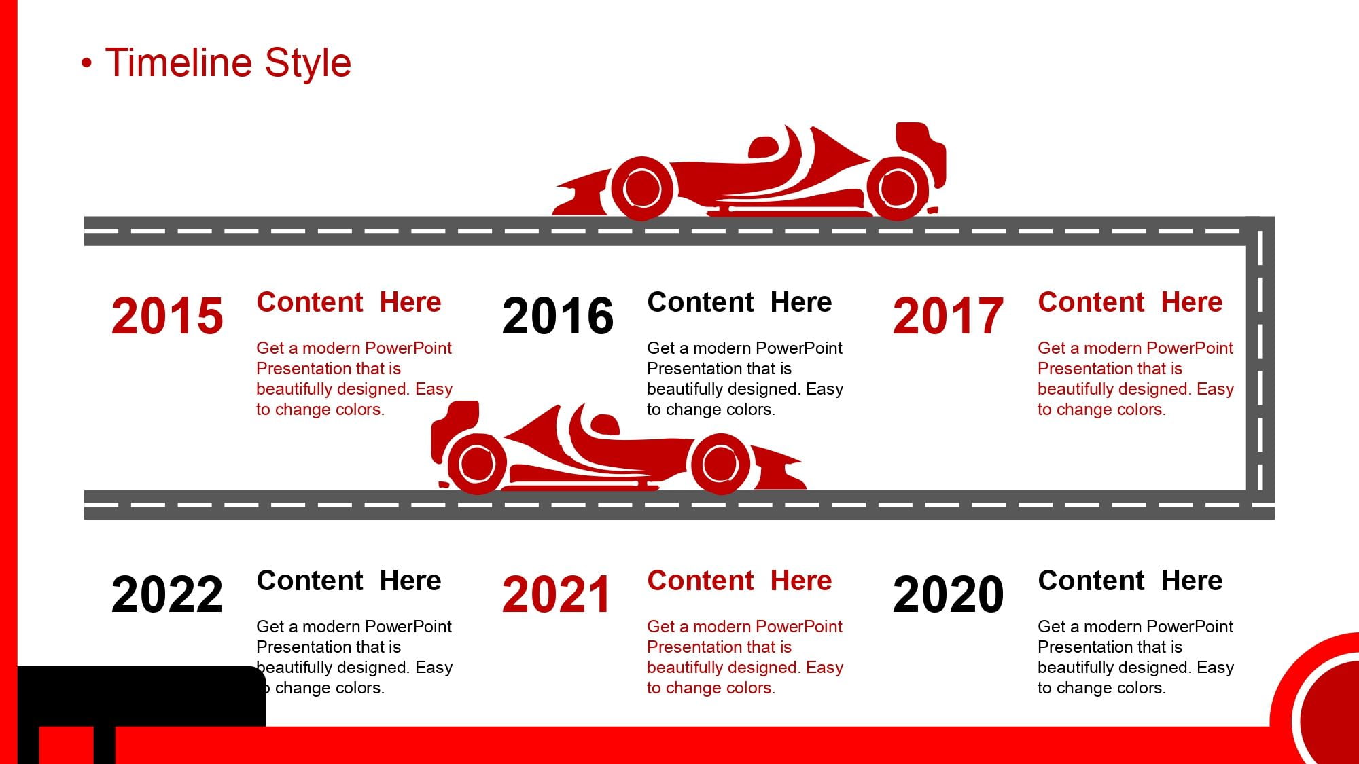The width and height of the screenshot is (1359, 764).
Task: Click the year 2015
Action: click(x=167, y=316)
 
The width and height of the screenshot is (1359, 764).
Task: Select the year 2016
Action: click(x=558, y=316)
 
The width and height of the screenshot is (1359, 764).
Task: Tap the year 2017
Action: click(x=949, y=316)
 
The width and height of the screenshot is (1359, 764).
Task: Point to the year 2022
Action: click(x=167, y=594)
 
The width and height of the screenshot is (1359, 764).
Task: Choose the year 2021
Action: click(x=556, y=594)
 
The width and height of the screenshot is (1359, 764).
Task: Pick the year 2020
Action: click(x=949, y=594)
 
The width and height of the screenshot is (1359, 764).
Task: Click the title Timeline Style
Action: click(x=228, y=62)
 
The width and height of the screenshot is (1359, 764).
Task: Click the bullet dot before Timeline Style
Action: click(x=86, y=64)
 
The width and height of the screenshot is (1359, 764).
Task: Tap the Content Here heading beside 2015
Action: click(x=349, y=302)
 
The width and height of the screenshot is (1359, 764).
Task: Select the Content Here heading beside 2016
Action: click(x=739, y=302)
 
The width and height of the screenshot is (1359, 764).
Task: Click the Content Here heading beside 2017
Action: click(x=1130, y=302)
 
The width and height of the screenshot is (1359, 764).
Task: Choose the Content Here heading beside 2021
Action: click(x=739, y=581)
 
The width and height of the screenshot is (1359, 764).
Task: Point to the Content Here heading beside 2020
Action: click(x=1130, y=581)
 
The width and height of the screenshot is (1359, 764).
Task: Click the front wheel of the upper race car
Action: click(x=642, y=189)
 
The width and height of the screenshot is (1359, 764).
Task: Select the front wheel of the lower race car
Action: click(x=720, y=464)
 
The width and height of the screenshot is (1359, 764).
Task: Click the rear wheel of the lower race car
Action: click(x=477, y=465)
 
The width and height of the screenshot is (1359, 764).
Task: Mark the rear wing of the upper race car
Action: click(x=921, y=153)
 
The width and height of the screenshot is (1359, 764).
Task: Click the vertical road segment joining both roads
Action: click(x=1260, y=367)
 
